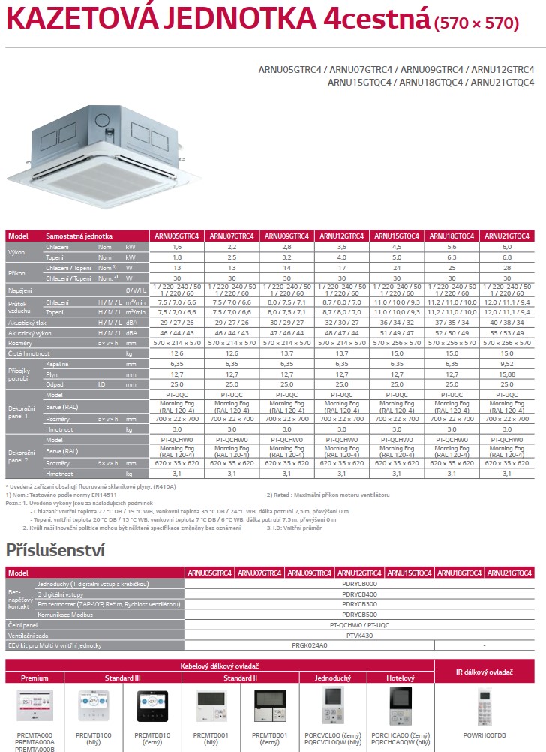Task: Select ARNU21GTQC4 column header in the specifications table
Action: click(x=506, y=236)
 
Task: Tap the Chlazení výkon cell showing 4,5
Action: click(x=396, y=246)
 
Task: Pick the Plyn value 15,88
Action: click(x=506, y=374)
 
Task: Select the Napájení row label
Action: click(x=21, y=289)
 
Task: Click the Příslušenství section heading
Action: click(x=54, y=549)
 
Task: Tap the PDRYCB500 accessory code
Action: click(x=359, y=614)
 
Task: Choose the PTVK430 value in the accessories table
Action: click(x=359, y=634)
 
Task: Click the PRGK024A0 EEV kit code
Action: click(x=309, y=645)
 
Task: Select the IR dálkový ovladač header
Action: click(x=490, y=672)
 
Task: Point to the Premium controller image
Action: click(x=34, y=706)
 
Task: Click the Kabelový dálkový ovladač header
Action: click(x=230, y=666)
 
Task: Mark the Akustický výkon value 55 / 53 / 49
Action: click(x=506, y=332)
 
